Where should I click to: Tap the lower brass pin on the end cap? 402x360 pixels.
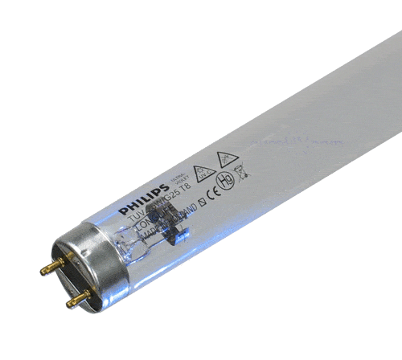click(x=76, y=298)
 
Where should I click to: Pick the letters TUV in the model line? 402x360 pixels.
click(x=146, y=213)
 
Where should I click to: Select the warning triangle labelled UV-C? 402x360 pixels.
click(x=206, y=170)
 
